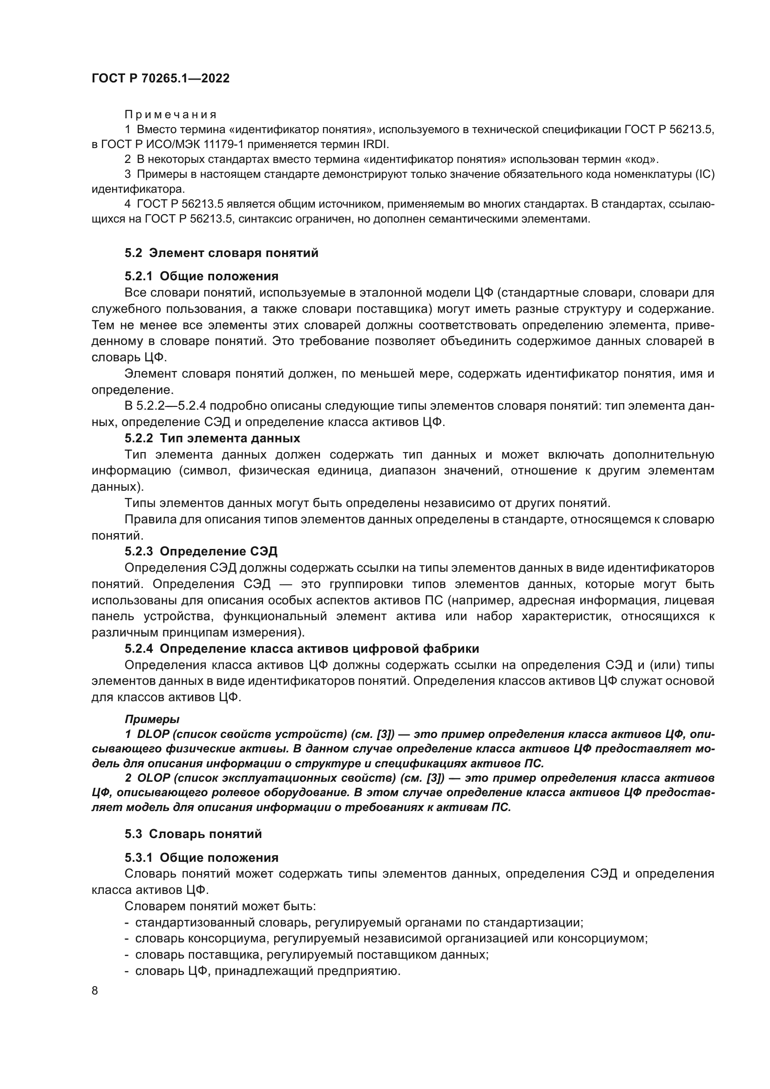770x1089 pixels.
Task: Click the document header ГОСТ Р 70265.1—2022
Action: point(160,78)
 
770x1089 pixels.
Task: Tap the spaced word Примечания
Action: point(171,115)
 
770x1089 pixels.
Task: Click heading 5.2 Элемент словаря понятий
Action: point(222,253)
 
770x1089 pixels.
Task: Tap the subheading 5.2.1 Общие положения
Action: point(202,276)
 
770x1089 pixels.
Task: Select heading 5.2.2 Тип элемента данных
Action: point(212,438)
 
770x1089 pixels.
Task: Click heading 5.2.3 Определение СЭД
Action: point(201,552)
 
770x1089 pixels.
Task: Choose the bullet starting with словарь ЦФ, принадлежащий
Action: point(267,971)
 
